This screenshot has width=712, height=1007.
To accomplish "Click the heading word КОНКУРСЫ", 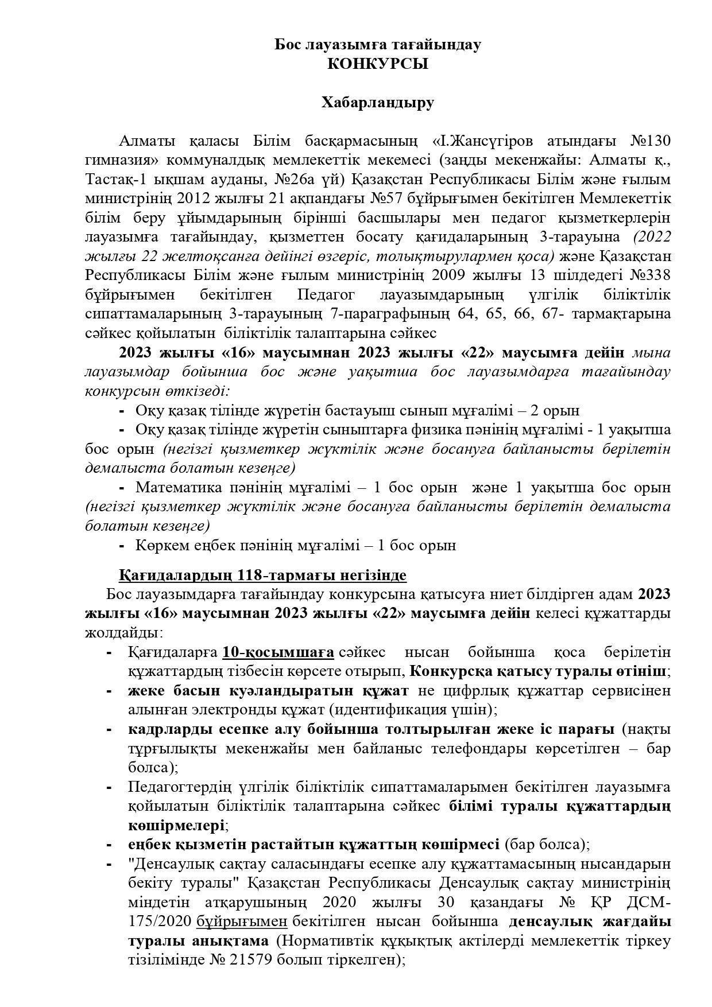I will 377,64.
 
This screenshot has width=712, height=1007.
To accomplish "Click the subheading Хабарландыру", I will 377,103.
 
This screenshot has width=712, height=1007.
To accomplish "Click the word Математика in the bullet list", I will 179,488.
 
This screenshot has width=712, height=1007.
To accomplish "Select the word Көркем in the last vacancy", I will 158,545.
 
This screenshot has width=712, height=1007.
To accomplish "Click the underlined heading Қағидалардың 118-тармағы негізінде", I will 262,576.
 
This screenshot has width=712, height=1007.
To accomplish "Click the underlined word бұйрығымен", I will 241,922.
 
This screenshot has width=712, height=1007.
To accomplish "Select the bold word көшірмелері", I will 176,826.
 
